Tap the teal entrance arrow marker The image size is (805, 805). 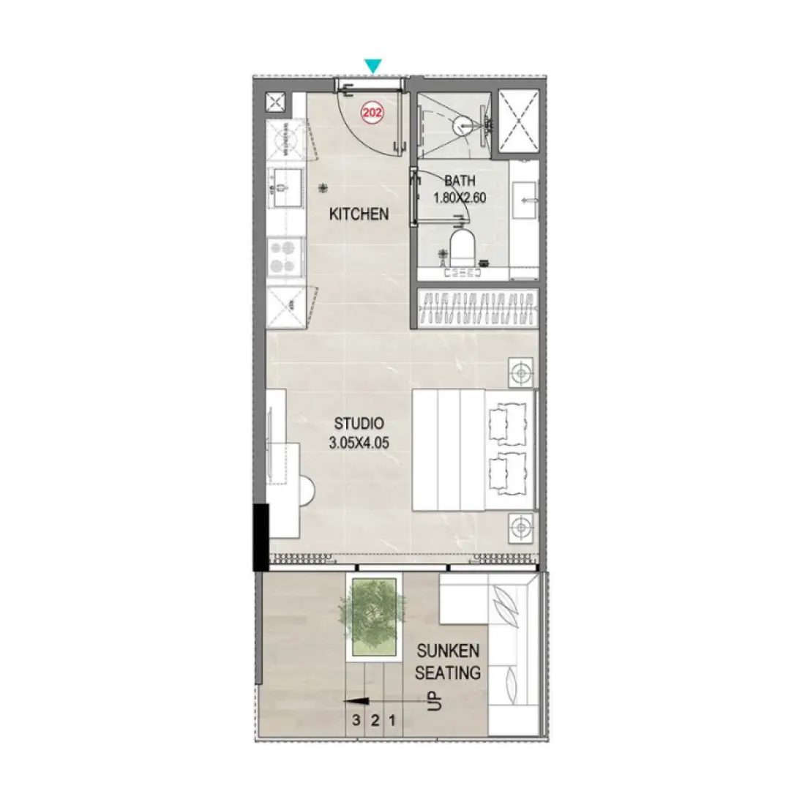point(373,66)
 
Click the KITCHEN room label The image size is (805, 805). point(359,214)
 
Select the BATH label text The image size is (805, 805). point(460,181)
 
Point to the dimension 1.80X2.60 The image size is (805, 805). point(460,198)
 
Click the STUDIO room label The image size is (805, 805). point(359,423)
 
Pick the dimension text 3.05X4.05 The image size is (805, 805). point(359,442)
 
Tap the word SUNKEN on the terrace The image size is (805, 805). point(448,651)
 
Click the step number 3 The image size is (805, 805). point(356,720)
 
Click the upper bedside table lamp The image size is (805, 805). point(520,372)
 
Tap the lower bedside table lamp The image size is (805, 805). point(520,525)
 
